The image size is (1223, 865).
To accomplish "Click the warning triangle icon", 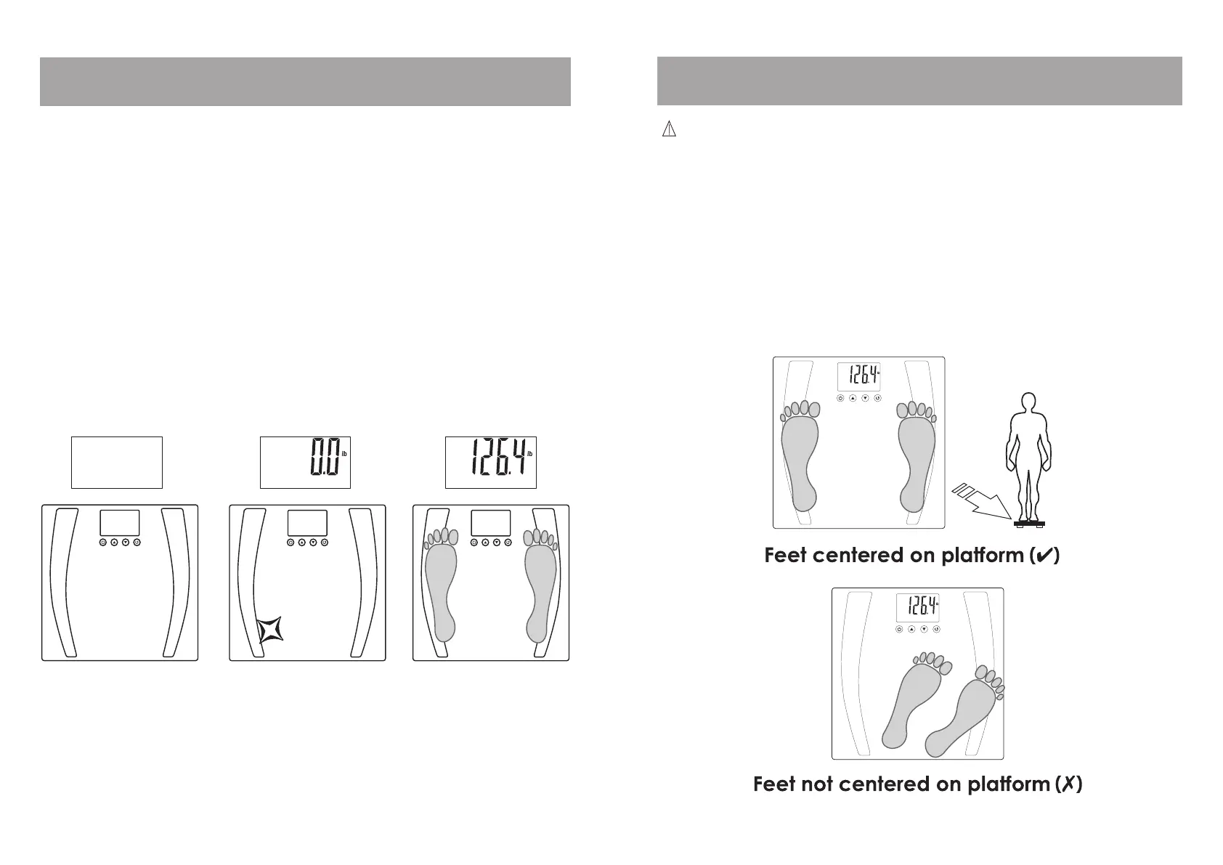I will (668, 129).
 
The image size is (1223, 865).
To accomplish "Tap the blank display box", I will (116, 463).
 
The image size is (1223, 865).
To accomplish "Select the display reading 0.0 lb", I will (305, 463).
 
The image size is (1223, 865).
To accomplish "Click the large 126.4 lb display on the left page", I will (490, 463).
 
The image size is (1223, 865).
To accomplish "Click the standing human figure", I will (1027, 454).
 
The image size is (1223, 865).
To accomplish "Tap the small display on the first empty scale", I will (119, 523).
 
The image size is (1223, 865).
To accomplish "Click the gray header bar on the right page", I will (919, 81).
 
